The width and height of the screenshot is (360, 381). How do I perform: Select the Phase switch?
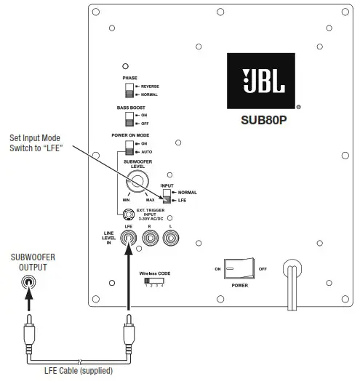coord(129,90)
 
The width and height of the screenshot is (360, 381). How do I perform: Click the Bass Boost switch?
coord(129,119)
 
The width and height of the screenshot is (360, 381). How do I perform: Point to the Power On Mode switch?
coord(129,147)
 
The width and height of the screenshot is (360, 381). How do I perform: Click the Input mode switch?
coord(167,196)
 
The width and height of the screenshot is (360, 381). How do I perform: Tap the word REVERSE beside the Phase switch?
coord(150,86)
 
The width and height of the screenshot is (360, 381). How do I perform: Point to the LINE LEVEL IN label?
coord(107,238)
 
